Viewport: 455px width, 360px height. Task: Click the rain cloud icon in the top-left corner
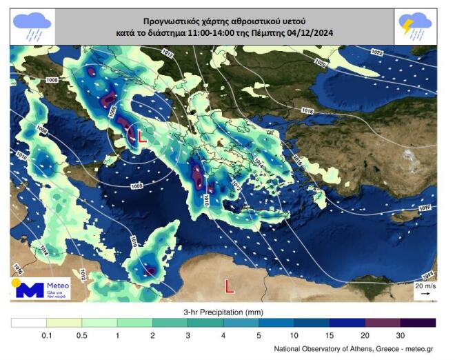[x=32, y=27]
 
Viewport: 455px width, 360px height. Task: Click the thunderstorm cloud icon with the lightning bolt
[x=415, y=27]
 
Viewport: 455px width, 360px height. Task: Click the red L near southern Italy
[x=142, y=136]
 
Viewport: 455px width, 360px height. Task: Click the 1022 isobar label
[x=377, y=52]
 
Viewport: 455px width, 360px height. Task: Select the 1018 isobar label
[x=327, y=111]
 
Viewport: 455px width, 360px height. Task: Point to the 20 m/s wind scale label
[x=424, y=285]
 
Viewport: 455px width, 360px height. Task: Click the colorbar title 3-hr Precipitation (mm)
[x=223, y=312]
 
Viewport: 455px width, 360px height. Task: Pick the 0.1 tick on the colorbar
[x=46, y=335]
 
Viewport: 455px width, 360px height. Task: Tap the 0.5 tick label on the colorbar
[x=81, y=335]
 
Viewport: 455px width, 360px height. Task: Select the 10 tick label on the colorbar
[x=294, y=335]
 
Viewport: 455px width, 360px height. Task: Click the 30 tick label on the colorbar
[x=401, y=335]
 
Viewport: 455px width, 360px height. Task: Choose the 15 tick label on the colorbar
[x=330, y=335]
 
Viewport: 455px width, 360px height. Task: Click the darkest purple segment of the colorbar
[x=418, y=322]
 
